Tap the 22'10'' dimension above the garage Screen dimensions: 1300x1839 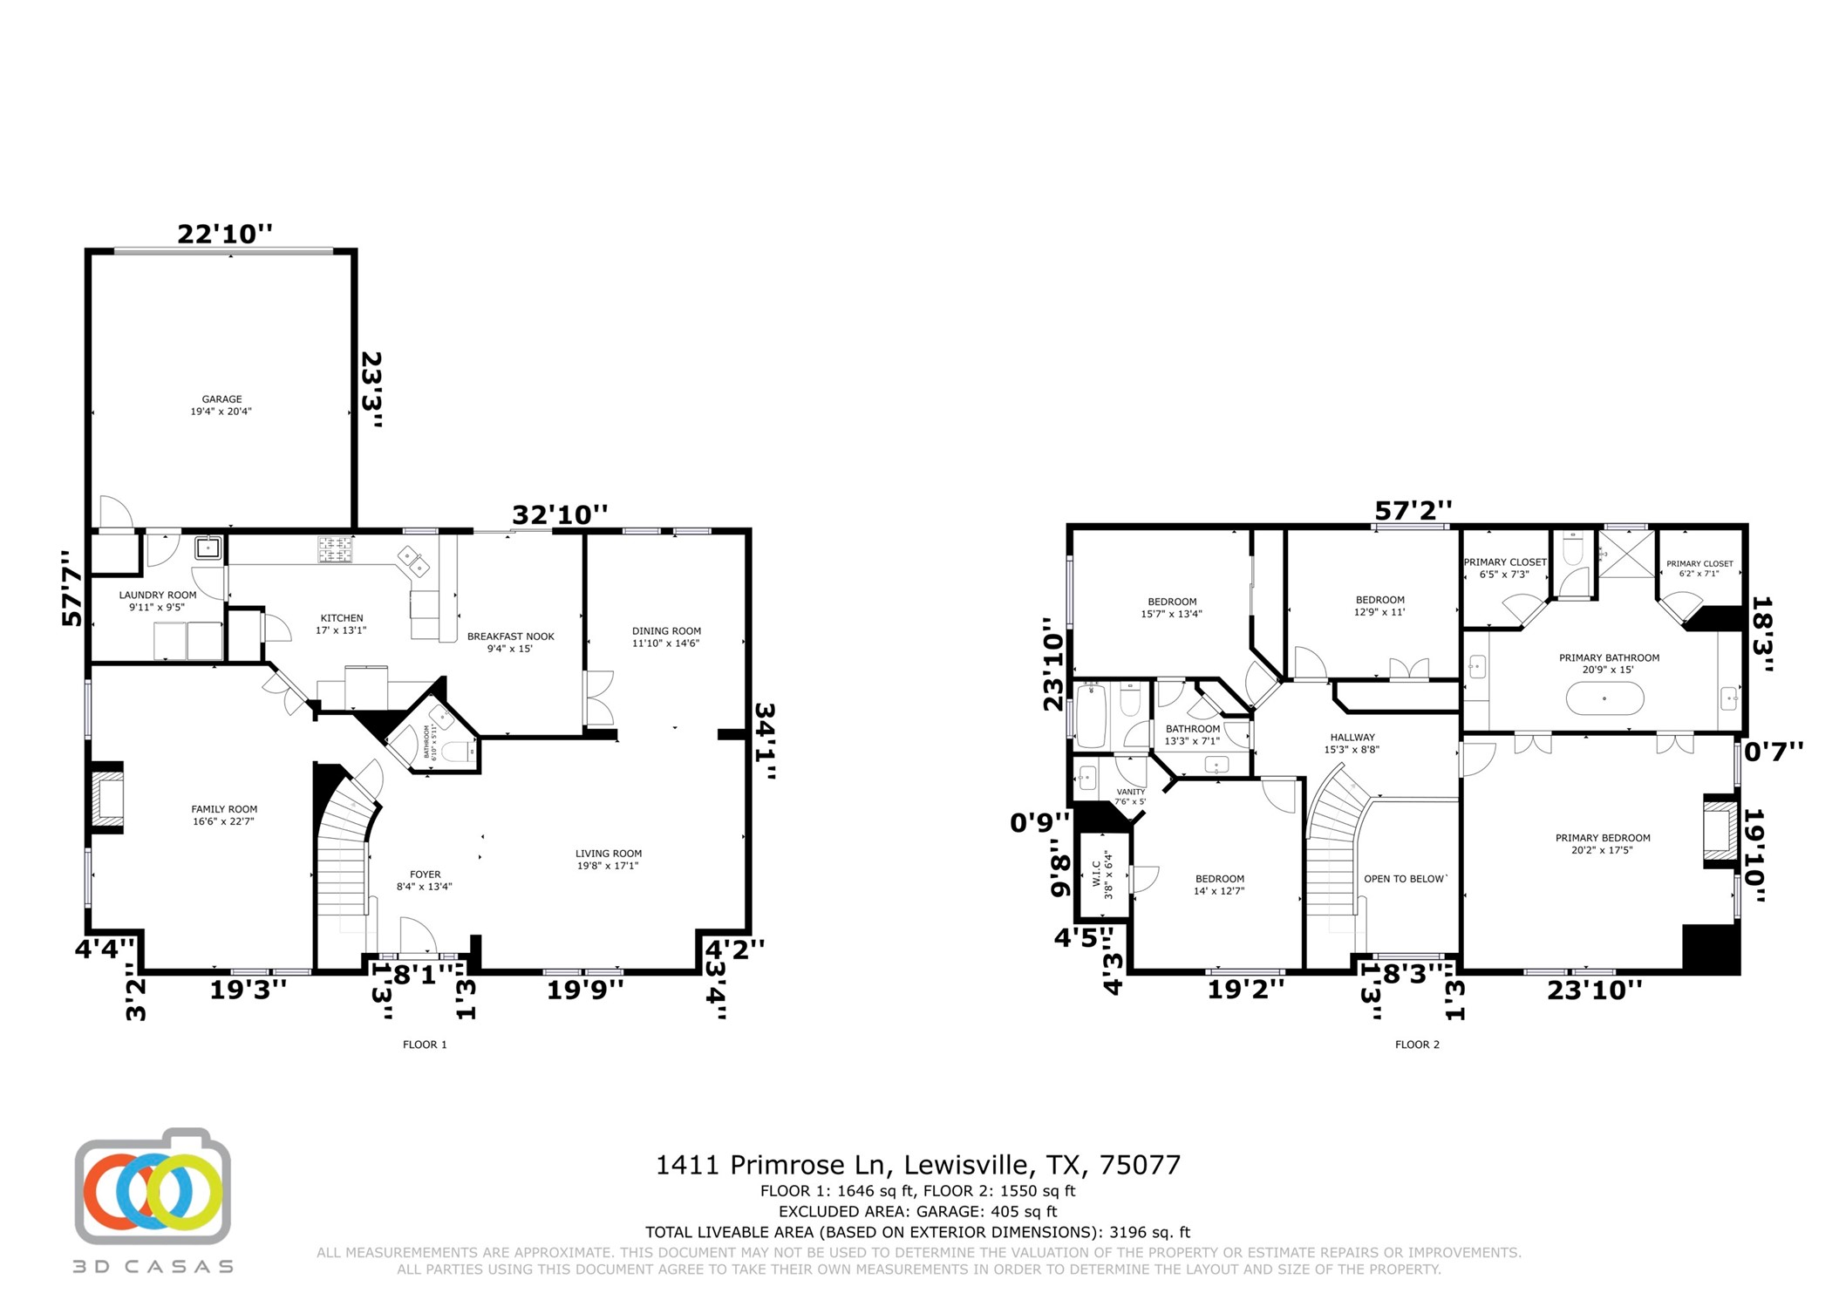click(x=225, y=234)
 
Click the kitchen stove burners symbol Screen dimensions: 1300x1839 click(x=335, y=549)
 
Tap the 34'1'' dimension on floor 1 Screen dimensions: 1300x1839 click(x=764, y=741)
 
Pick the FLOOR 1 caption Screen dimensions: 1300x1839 click(x=425, y=1045)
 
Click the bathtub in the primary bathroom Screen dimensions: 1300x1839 click(x=1604, y=698)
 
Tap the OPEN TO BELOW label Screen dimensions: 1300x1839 click(x=1405, y=879)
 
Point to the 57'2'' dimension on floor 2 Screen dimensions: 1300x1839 click(x=1413, y=510)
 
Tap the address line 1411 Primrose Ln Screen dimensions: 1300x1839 click(x=918, y=1165)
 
